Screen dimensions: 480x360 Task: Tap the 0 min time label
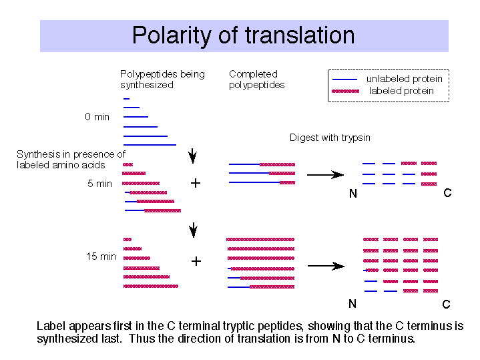[97, 117]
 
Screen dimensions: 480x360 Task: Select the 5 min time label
[99, 184]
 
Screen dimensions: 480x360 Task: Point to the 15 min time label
[101, 256]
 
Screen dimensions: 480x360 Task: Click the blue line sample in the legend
[344, 79]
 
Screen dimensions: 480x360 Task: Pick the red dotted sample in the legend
[345, 91]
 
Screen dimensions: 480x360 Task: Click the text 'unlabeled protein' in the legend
[405, 79]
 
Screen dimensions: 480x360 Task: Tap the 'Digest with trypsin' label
[330, 138]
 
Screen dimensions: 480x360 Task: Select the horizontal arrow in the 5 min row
[325, 174]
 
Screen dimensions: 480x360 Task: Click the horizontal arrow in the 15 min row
[326, 266]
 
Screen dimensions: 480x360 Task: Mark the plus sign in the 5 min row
[196, 183]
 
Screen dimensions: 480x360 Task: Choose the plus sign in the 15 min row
[196, 261]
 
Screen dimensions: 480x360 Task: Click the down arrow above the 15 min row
[193, 230]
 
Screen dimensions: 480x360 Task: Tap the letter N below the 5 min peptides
[353, 194]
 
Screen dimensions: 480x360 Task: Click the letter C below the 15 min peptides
[447, 305]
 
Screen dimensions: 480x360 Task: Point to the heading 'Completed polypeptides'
[256, 79]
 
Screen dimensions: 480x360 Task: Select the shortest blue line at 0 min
[126, 99]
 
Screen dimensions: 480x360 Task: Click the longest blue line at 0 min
[150, 145]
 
